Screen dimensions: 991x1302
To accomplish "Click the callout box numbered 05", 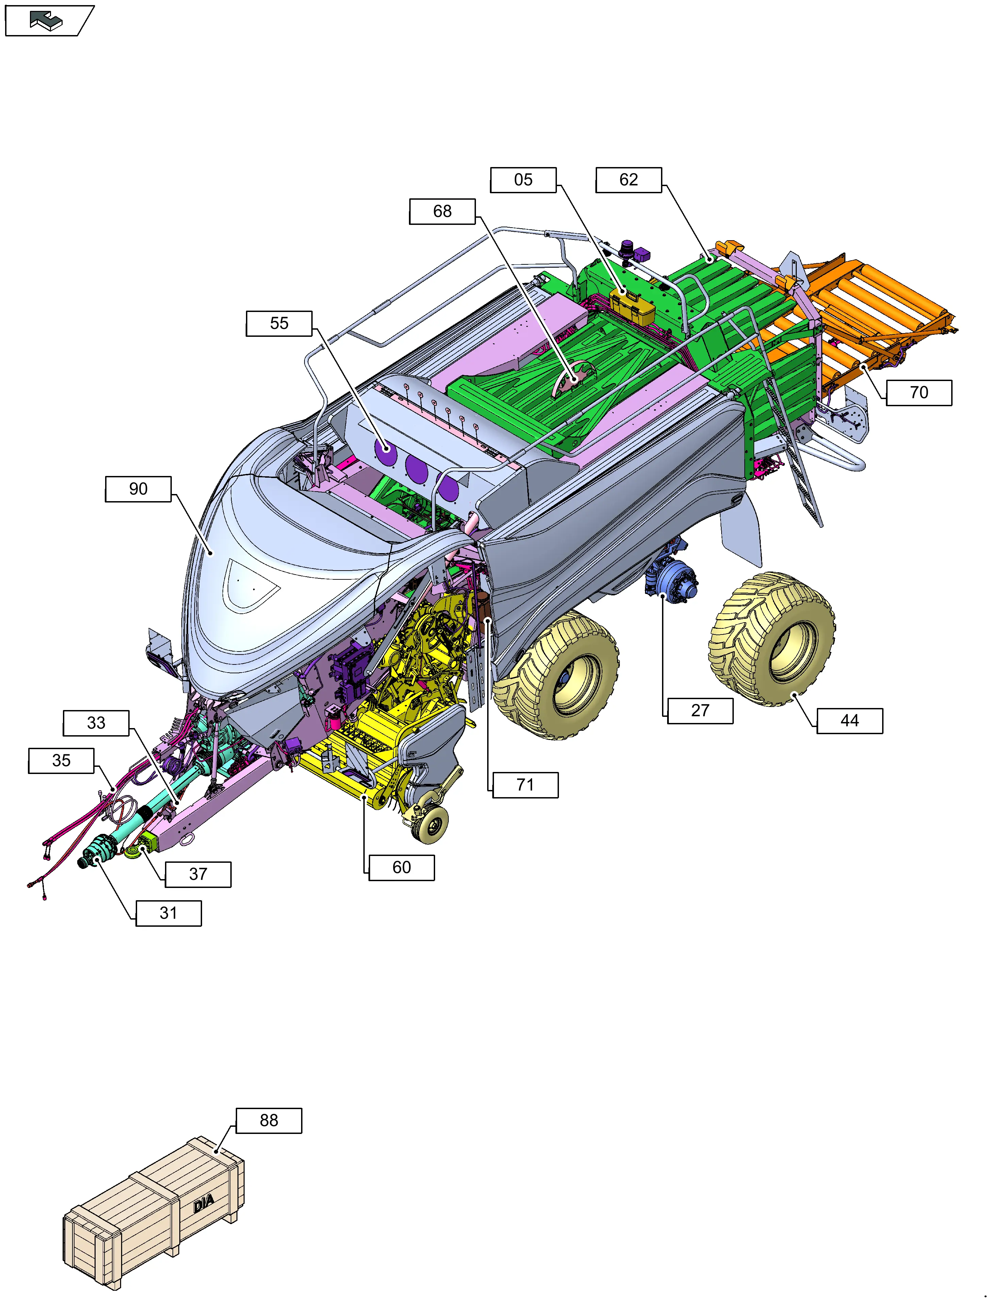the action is click(x=523, y=180).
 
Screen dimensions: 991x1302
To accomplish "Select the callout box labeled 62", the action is click(x=629, y=180).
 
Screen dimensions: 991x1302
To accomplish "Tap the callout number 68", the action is click(x=442, y=211).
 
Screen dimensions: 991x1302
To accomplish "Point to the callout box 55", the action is click(x=279, y=323).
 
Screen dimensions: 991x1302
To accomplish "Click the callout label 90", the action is click(x=138, y=489).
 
